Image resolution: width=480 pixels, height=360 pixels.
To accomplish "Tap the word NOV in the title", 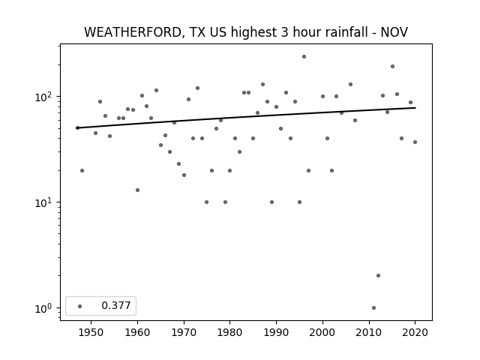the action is [x=394, y=32].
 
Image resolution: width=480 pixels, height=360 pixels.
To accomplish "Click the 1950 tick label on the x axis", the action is [x=91, y=332].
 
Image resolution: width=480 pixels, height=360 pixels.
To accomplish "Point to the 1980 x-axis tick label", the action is [x=229, y=332].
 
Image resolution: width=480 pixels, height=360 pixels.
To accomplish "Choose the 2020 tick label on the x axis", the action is [x=415, y=332].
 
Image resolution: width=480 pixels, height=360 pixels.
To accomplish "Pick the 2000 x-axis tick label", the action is [x=322, y=332].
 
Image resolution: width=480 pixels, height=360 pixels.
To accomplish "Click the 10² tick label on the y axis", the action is [x=45, y=97].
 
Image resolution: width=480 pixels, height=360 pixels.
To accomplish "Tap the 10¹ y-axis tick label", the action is [x=45, y=202].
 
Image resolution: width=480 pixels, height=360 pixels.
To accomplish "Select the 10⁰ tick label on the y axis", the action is [x=45, y=308].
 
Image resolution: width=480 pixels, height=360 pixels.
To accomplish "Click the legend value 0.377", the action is [x=116, y=305].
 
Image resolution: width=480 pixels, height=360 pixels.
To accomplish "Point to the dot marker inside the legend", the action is [x=80, y=306].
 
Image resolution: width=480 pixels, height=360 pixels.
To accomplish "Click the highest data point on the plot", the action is [x=304, y=57].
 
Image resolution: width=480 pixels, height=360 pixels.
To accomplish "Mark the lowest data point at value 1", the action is [x=373, y=307].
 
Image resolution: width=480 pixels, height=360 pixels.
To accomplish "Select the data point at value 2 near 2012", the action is [x=378, y=275].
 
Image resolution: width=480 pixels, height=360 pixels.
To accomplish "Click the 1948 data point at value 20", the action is [x=82, y=170].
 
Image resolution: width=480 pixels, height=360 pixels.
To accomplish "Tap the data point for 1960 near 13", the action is [x=137, y=190].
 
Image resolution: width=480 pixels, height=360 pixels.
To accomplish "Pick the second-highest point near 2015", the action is [x=392, y=67].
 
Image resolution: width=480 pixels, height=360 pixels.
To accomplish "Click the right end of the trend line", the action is [x=415, y=108].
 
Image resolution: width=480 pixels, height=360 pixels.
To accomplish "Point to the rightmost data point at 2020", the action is [x=415, y=142].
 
